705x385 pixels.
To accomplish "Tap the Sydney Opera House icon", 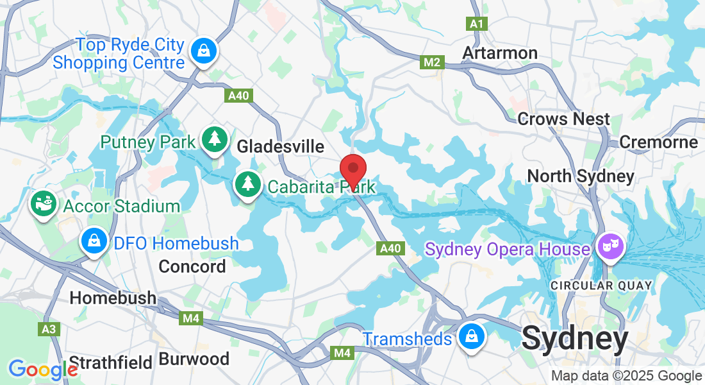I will (609, 246).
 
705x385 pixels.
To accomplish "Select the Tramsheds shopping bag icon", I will (471, 337).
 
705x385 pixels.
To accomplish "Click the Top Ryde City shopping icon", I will (203, 51).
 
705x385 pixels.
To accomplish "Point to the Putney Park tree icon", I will (214, 139).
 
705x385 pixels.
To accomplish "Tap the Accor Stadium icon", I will (44, 204).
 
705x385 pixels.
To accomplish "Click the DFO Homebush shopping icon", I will (94, 241).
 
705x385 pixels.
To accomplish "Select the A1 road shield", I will (476, 24).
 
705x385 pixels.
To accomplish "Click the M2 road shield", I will (431, 62).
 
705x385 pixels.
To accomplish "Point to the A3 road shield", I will (49, 329).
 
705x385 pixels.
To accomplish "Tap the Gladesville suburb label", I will (280, 146).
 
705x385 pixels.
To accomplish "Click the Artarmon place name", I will (500, 52).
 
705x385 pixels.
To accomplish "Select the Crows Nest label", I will (563, 119).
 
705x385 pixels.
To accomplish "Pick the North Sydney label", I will (580, 175).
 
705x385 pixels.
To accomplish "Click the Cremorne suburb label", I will (658, 142).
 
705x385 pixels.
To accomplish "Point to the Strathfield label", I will (110, 362).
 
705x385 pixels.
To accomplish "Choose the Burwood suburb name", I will (194, 359).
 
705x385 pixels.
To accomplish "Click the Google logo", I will (42, 370).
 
